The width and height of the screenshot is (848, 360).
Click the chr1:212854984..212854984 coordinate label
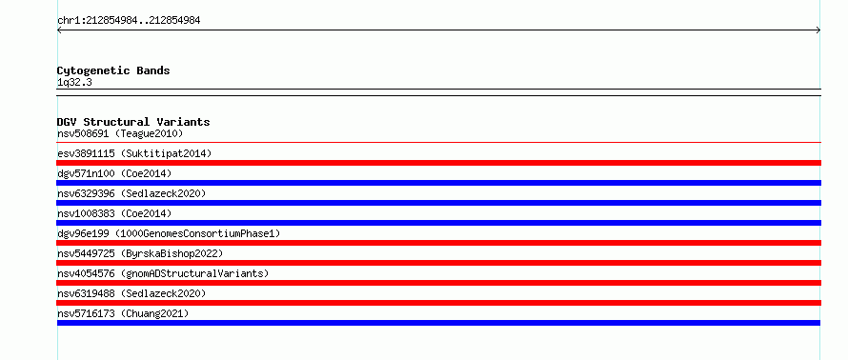pyautogui.click(x=129, y=21)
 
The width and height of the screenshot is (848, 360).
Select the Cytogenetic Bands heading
pyautogui.click(x=113, y=70)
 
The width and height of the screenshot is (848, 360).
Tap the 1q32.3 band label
pyautogui.click(x=74, y=82)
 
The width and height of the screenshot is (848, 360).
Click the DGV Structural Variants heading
pyautogui.click(x=133, y=122)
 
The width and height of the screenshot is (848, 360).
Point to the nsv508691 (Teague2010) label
pyautogui.click(x=120, y=133)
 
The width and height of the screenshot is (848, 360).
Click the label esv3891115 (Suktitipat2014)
pyautogui.click(x=134, y=153)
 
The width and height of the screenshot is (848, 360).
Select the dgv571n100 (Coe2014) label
pyautogui.click(x=114, y=173)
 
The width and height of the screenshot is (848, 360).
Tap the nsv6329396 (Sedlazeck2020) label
pyautogui.click(x=131, y=193)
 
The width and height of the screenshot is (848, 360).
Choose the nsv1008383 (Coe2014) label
pyautogui.click(x=114, y=213)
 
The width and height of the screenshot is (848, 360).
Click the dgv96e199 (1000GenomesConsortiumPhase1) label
pyautogui.click(x=169, y=233)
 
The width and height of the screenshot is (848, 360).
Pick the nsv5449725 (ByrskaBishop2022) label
pyautogui.click(x=140, y=253)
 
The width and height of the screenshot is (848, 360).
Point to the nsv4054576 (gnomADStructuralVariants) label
pyautogui.click(x=163, y=273)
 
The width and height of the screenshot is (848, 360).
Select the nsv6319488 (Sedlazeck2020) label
pyautogui.click(x=131, y=293)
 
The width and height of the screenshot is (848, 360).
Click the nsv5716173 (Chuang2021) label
pyautogui.click(x=123, y=313)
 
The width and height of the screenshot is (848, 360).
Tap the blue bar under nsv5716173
pyautogui.click(x=438, y=323)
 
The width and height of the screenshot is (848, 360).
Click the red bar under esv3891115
pyautogui.click(x=439, y=163)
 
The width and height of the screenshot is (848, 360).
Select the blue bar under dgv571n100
pyautogui.click(x=439, y=183)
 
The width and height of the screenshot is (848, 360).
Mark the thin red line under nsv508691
pyautogui.click(x=439, y=142)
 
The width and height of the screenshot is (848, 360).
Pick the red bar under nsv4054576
pyautogui.click(x=439, y=283)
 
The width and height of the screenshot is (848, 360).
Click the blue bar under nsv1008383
pyautogui.click(x=439, y=223)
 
